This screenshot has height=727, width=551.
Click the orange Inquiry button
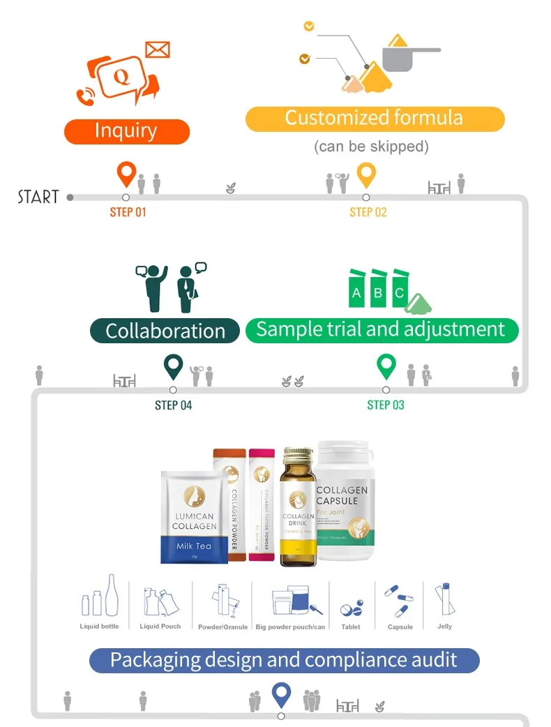[126, 131]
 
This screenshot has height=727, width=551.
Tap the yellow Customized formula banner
[375, 118]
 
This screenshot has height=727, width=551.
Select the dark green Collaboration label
[165, 330]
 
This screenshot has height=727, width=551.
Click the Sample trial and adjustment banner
[381, 329]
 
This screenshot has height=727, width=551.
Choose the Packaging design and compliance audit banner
[284, 659]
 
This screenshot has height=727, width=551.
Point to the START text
[38, 197]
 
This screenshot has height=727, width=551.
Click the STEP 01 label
[128, 212]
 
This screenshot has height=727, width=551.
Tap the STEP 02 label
[368, 212]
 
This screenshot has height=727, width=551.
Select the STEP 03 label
[386, 405]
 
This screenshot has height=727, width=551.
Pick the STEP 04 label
[173, 405]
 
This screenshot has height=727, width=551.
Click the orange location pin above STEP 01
[126, 174]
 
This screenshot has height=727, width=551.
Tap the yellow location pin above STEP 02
[366, 175]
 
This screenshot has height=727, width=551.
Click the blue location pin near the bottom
[281, 694]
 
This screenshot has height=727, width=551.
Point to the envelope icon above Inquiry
[158, 50]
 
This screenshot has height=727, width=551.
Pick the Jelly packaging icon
[444, 602]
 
